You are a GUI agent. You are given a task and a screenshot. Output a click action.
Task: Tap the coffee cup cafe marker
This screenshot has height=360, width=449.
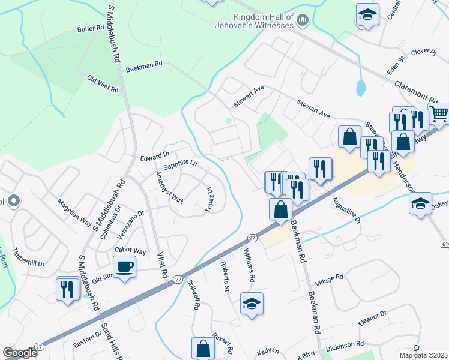(125, 268)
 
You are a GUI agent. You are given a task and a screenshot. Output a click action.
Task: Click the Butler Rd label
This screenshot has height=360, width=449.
(91, 29)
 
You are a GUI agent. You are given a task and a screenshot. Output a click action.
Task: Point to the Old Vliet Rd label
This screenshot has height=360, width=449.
(103, 84)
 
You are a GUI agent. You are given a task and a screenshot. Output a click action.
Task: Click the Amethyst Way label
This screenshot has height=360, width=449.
(169, 188)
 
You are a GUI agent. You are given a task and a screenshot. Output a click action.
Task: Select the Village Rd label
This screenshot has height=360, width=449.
(329, 279)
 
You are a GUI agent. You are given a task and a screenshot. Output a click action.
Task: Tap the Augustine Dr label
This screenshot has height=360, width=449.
(345, 212)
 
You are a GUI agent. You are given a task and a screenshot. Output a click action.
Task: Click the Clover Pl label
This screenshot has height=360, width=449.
(424, 52)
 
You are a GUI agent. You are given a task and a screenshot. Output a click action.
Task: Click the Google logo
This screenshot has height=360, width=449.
(20, 353)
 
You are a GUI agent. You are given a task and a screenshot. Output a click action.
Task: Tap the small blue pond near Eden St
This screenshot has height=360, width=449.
(360, 88)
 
